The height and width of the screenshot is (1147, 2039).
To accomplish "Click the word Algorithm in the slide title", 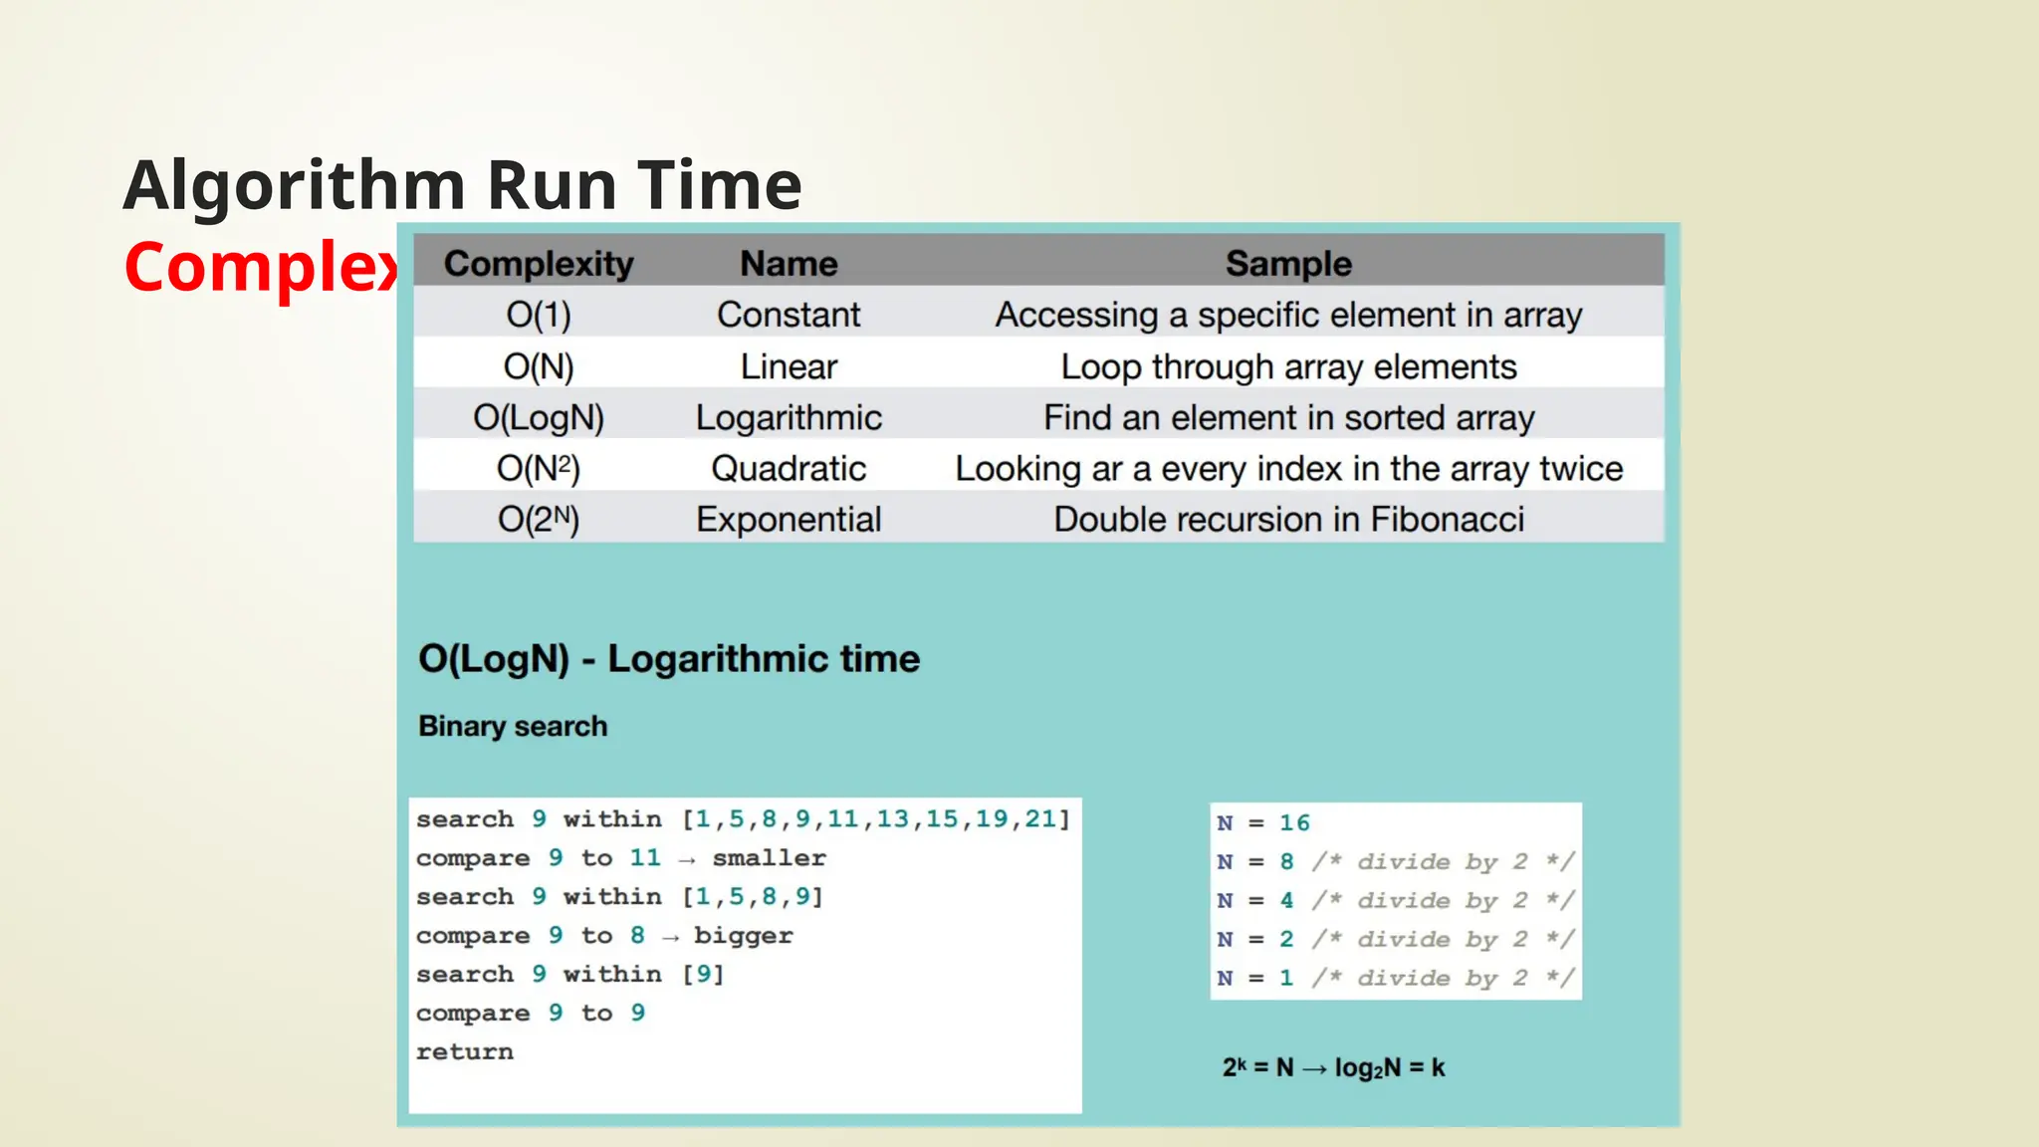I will click(295, 186).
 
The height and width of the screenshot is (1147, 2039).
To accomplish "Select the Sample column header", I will click(1287, 264).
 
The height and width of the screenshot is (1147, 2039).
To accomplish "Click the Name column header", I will click(789, 264).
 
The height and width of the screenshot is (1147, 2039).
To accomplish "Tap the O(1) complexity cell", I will click(538, 316).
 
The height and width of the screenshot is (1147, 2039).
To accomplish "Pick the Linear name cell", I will click(789, 366).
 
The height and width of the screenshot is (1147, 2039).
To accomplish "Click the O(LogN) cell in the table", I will click(538, 418).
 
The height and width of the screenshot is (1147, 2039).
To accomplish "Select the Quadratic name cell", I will click(789, 469).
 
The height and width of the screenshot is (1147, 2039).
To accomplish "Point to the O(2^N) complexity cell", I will click(538, 520).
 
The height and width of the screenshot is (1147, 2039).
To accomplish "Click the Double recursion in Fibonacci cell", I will click(1287, 520).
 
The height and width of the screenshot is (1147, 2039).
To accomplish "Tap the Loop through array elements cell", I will click(1287, 366).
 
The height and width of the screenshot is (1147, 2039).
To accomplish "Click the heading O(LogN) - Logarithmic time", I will click(668, 659).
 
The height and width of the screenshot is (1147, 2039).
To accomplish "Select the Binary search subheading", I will click(512, 726).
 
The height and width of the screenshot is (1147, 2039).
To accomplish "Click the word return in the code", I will click(464, 1052).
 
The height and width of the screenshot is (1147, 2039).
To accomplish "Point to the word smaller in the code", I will click(769, 858).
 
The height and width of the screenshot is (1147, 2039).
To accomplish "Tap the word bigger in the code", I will click(743, 936).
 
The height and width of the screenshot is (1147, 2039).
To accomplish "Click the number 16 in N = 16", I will click(1294, 823).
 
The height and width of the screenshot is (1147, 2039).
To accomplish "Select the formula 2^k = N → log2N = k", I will click(1333, 1068).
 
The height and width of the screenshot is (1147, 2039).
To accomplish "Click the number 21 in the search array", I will click(1040, 818).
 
